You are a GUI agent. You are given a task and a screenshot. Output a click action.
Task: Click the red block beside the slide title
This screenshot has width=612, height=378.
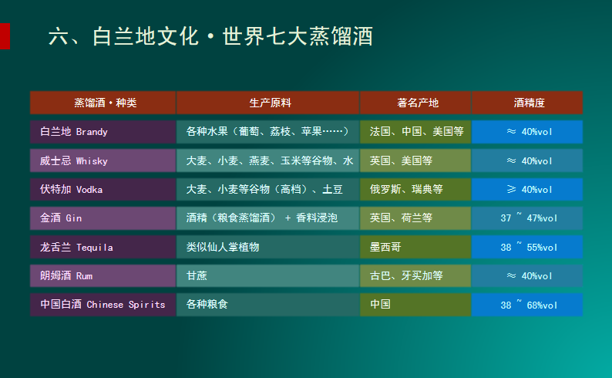coord(5,36)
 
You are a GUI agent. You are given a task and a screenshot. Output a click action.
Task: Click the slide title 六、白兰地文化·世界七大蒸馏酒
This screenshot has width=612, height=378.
coord(210,36)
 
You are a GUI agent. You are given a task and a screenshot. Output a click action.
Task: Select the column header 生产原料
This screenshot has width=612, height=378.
coord(270,103)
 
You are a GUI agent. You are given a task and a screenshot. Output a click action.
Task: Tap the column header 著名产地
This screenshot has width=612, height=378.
coord(418,103)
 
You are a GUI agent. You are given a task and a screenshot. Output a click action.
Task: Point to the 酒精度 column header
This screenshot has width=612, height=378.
coord(529,103)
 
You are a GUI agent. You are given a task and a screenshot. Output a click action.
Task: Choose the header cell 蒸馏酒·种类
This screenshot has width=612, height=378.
coord(106,103)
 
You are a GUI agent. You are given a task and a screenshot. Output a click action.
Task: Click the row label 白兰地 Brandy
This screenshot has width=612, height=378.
coord(74,132)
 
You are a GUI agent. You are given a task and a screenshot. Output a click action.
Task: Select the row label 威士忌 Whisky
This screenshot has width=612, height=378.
coord(74,160)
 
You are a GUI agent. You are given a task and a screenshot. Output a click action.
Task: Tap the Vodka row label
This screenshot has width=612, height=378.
coord(71,190)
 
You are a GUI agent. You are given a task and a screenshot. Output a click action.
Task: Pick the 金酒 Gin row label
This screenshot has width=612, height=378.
coord(61,218)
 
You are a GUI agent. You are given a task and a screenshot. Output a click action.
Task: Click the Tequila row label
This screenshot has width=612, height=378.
coord(76,247)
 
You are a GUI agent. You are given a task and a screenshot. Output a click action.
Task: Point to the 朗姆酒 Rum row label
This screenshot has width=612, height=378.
coord(66,275)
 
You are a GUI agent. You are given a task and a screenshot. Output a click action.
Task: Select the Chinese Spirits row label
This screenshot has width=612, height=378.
coord(103,304)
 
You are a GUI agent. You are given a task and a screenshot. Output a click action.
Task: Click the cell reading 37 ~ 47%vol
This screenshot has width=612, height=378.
coord(529,218)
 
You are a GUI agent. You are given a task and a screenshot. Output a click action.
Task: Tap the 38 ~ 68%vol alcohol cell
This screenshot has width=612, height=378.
coord(529,305)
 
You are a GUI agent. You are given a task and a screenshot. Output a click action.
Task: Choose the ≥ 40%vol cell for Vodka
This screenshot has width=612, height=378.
coord(529,190)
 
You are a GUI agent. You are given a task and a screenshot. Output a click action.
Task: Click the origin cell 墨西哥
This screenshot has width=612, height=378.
coord(385,247)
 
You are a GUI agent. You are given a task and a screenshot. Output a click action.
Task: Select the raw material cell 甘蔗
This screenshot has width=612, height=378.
coord(197,275)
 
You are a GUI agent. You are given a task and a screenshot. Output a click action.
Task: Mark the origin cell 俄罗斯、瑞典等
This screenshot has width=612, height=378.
coord(406,190)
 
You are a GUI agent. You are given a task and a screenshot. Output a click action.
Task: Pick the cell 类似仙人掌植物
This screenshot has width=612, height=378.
coord(223,247)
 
